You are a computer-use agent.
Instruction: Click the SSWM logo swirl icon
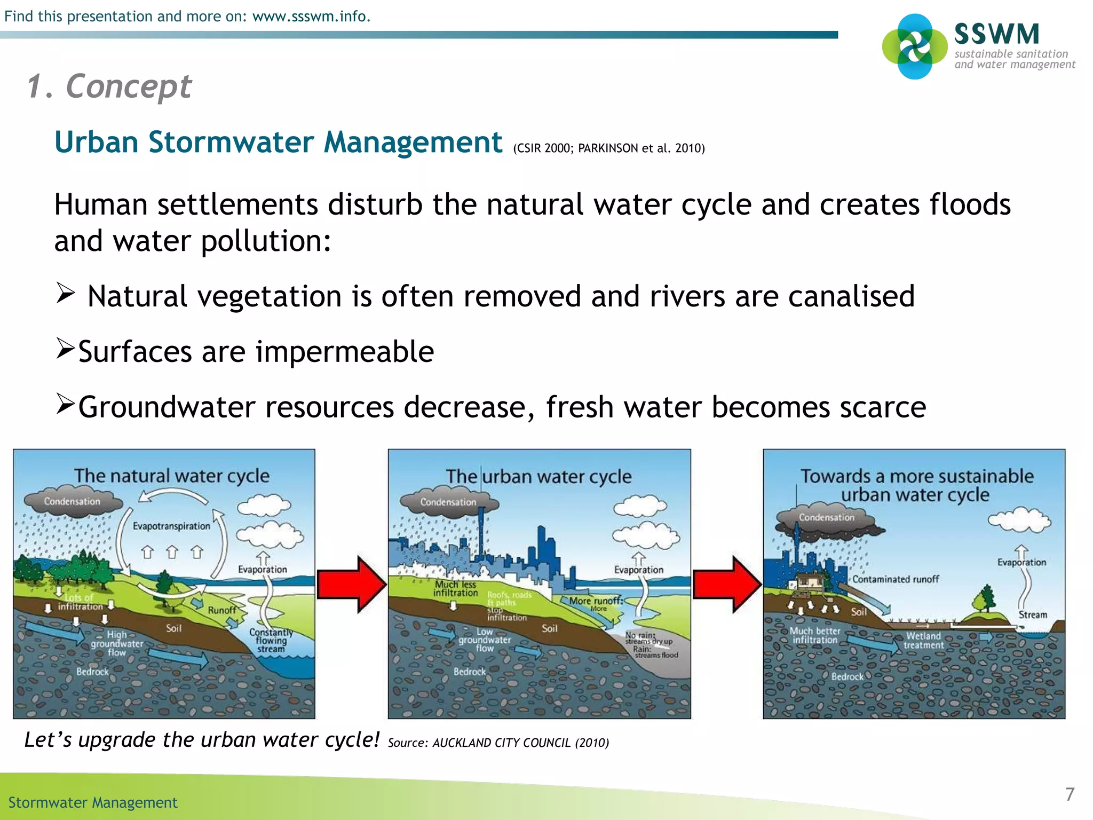[914, 46]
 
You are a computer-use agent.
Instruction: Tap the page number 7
[1070, 794]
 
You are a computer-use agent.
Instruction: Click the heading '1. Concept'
[109, 86]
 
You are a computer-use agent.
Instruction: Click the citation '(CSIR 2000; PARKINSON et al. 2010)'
[608, 148]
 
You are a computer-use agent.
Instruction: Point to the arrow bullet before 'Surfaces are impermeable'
[65, 349]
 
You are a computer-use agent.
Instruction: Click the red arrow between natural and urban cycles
[351, 584]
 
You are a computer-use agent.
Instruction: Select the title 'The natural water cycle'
[171, 476]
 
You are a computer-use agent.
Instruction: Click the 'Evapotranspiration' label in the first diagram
[171, 526]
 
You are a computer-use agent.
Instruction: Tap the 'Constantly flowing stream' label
[271, 641]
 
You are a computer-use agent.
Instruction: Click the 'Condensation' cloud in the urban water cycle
[448, 503]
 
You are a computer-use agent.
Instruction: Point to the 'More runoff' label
[595, 601]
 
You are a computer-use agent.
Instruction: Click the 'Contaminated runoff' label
[895, 579]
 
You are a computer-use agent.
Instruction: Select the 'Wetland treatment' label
[923, 641]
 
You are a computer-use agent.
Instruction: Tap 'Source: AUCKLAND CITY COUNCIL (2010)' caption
[498, 743]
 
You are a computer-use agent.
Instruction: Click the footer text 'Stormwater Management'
[93, 802]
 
